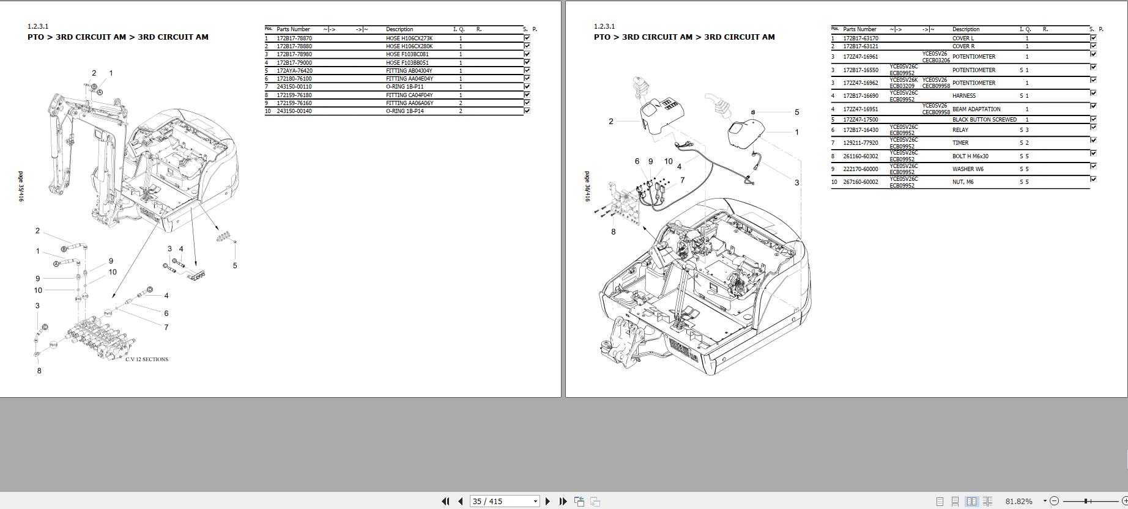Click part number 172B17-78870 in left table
click(294, 38)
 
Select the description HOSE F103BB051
click(407, 63)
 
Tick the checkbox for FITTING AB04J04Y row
click(527, 70)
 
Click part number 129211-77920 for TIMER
click(860, 143)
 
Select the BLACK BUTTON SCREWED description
click(984, 120)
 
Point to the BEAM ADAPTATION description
click(976, 109)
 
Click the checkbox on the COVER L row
click(1093, 38)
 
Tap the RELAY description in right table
click(960, 130)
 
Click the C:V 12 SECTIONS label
click(147, 359)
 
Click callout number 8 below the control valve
click(39, 370)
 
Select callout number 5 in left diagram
click(235, 266)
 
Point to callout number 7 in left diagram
click(166, 328)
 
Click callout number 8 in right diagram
click(613, 232)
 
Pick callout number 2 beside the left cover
click(610, 122)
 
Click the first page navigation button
click(445, 501)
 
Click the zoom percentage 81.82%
click(1019, 501)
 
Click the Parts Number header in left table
click(293, 29)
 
